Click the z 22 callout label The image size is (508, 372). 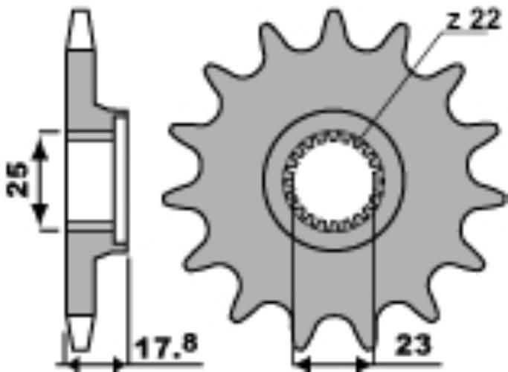(x=473, y=20)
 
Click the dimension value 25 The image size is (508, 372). (x=18, y=180)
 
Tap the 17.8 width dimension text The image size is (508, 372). (x=167, y=347)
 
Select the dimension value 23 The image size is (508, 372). (x=414, y=344)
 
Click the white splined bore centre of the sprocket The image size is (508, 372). (x=333, y=181)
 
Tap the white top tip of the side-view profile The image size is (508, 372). (x=80, y=30)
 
